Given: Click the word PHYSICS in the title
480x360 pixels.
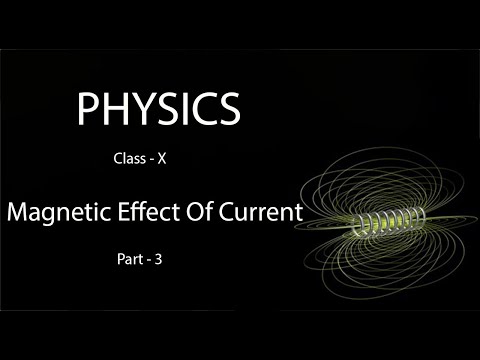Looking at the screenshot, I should tap(158, 108).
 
